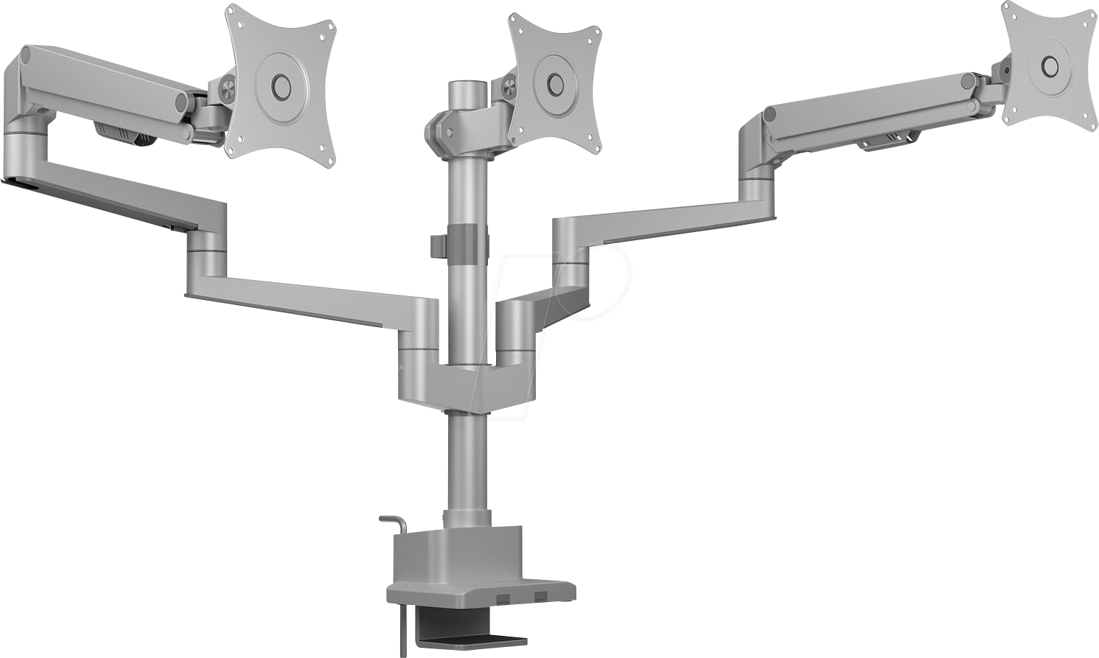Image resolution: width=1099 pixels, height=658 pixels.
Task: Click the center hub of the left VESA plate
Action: tap(280, 83)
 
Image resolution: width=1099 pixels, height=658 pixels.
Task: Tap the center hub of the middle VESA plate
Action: tap(553, 81)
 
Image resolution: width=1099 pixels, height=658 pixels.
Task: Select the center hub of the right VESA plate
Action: tap(1049, 67)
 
